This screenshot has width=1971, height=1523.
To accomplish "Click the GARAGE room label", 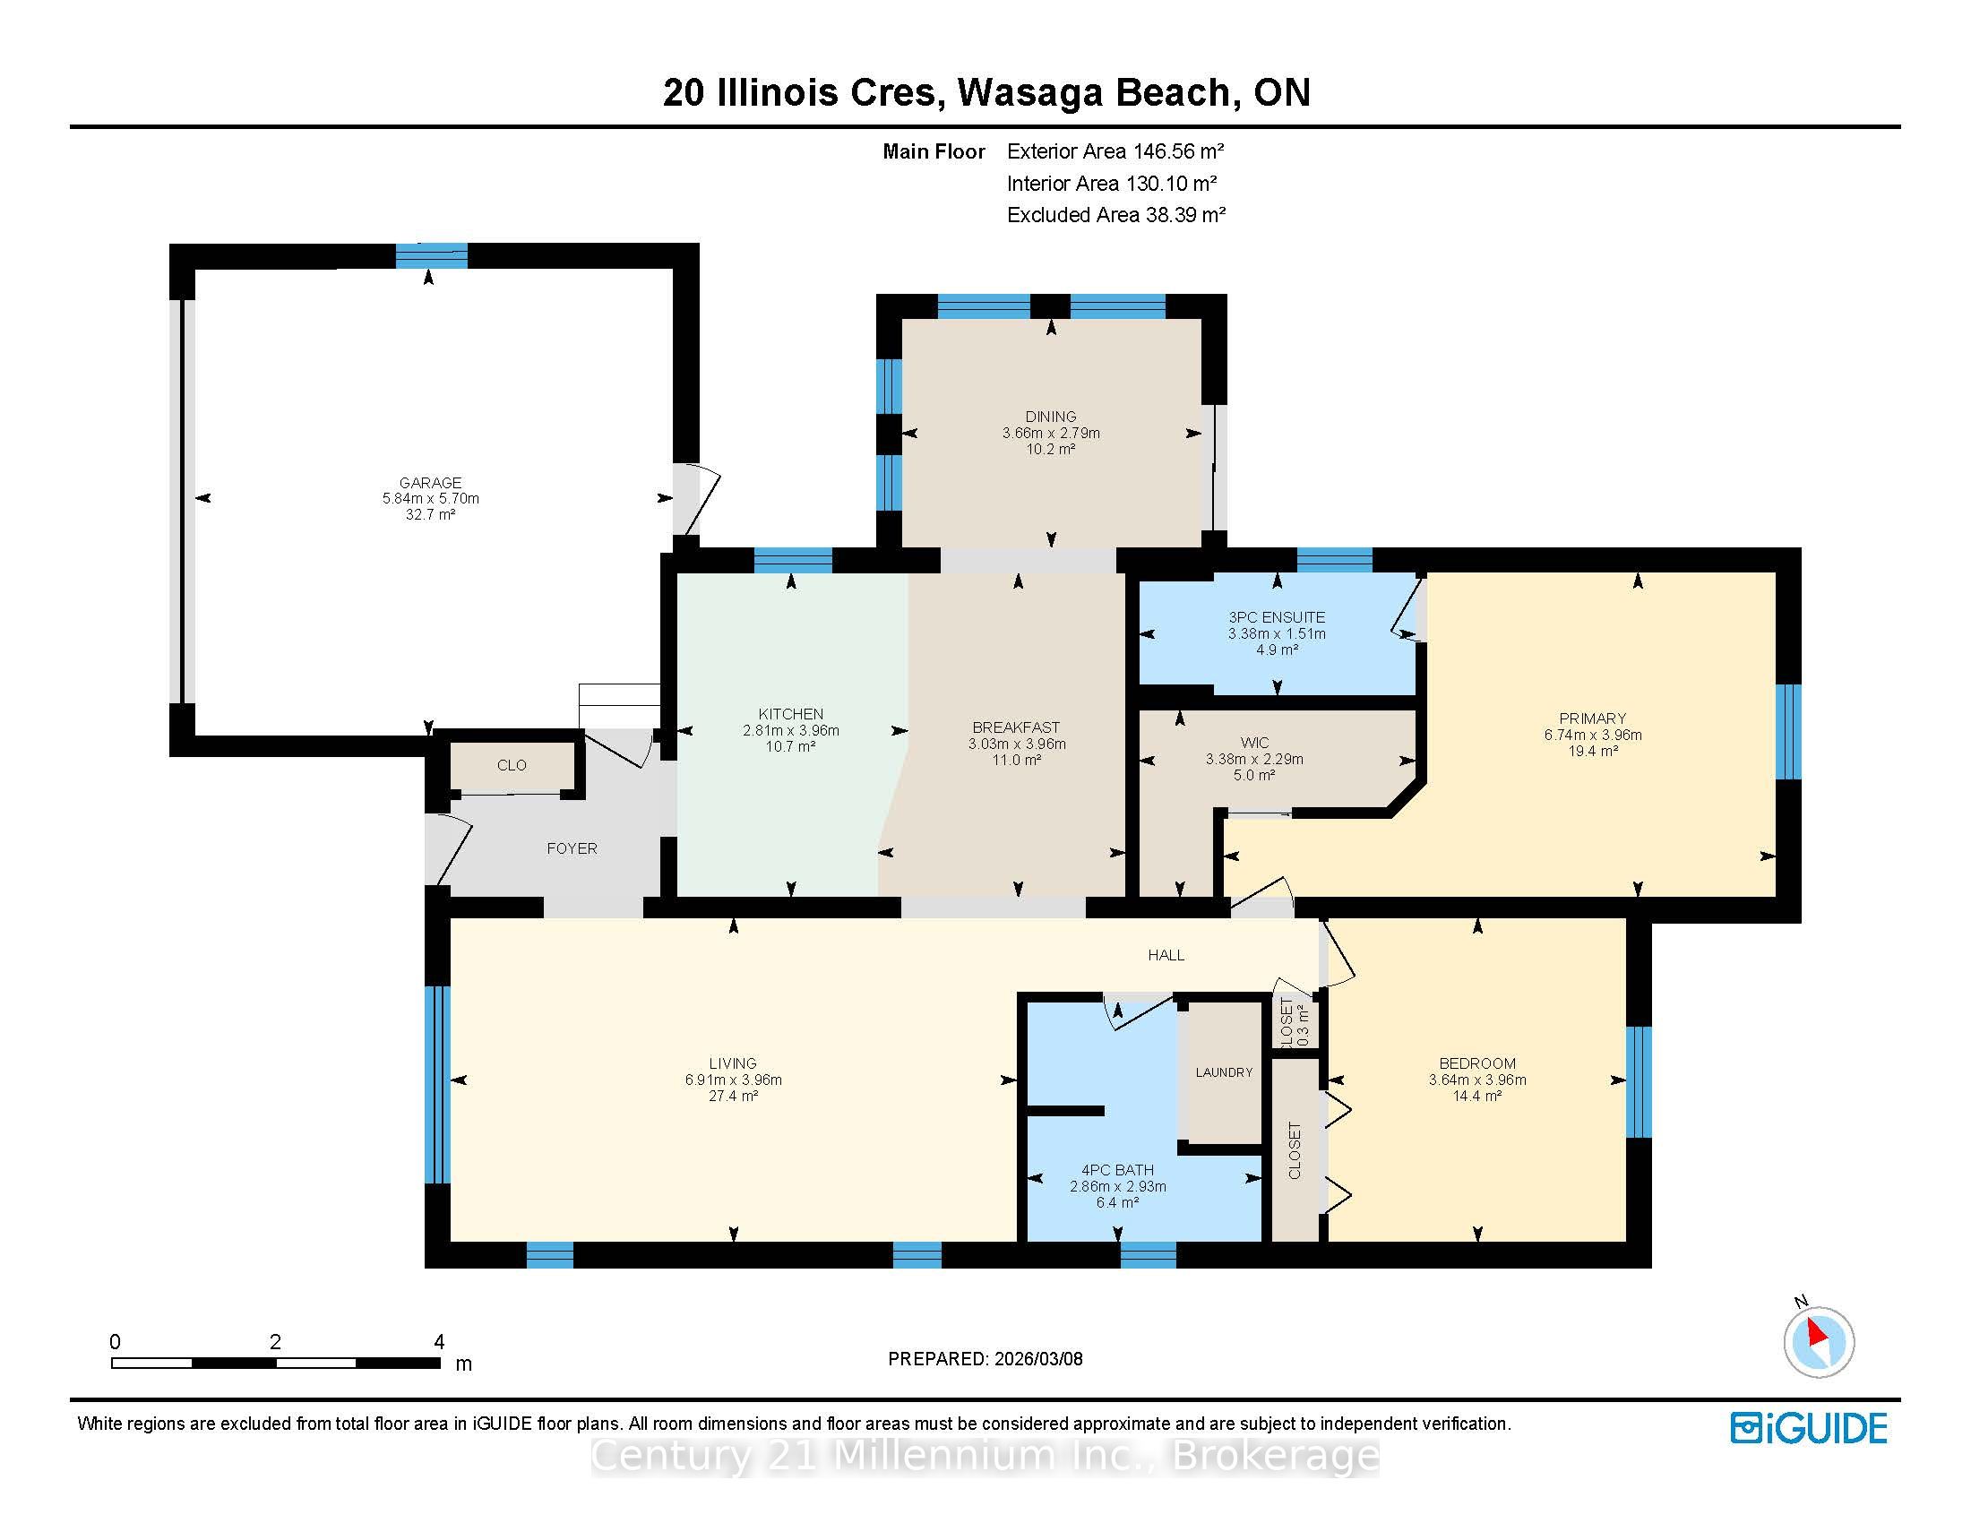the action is pyautogui.click(x=430, y=483).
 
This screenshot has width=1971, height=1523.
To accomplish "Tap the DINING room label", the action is pyautogui.click(x=1051, y=417).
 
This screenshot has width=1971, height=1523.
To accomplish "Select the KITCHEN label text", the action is pyautogui.click(x=790, y=714).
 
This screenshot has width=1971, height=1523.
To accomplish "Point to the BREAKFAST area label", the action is pyautogui.click(x=1016, y=727).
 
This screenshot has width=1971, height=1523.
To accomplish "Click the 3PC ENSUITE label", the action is pyautogui.click(x=1276, y=617).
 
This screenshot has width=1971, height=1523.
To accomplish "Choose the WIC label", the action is pyautogui.click(x=1254, y=743).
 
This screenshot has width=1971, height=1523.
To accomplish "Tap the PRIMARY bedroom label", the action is pyautogui.click(x=1592, y=718).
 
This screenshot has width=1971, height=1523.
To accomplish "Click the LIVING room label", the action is pyautogui.click(x=732, y=1063).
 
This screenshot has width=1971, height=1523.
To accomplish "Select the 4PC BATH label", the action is pyautogui.click(x=1117, y=1170).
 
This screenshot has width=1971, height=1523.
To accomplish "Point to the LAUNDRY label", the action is pyautogui.click(x=1224, y=1071).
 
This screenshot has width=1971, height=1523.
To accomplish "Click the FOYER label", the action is pyautogui.click(x=572, y=848).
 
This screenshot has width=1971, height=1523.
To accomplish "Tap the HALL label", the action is pyautogui.click(x=1166, y=955).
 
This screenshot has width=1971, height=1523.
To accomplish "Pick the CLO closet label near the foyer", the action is pyautogui.click(x=512, y=765).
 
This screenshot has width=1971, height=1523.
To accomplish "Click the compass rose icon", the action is pyautogui.click(x=1818, y=1342).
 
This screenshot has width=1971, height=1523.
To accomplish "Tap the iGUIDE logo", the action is pyautogui.click(x=1808, y=1428).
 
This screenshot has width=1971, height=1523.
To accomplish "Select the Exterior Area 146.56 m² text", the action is pyautogui.click(x=1115, y=151).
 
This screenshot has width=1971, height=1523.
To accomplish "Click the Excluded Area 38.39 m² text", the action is pyautogui.click(x=1116, y=215).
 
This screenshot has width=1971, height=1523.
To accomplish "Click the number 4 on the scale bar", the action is pyautogui.click(x=440, y=1342).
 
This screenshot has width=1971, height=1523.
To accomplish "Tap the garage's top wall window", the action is pyautogui.click(x=432, y=256).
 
